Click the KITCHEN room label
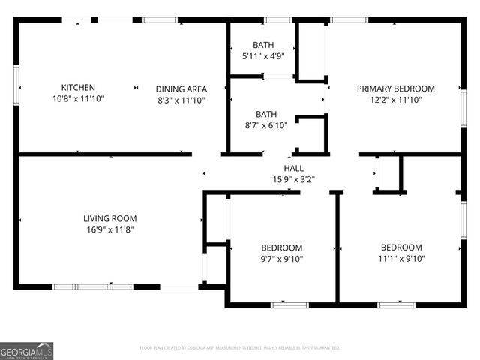(78, 88)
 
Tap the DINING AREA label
(181, 88)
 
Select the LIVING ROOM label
(109, 218)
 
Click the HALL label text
(293, 168)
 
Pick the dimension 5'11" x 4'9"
(263, 56)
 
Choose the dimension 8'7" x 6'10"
(265, 126)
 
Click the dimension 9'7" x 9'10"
(281, 259)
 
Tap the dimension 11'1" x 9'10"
(401, 259)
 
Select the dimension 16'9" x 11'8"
(109, 230)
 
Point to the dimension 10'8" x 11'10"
(78, 99)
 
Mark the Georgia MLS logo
(27, 351)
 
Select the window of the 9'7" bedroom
(289, 304)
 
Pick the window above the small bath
(277, 19)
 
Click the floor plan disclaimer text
(240, 348)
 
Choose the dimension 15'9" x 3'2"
(293, 179)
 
